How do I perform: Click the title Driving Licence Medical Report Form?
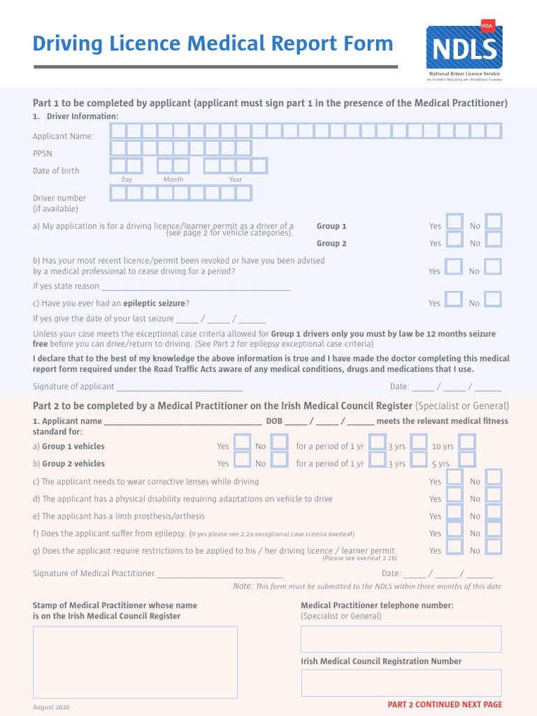213,44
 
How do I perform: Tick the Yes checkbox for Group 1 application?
454,222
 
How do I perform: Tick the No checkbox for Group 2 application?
494,240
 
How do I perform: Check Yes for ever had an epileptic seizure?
454,300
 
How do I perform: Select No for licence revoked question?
494,267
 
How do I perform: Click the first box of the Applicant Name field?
118,131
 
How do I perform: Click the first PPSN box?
118,148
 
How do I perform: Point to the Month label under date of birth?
173,180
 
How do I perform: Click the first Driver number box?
118,193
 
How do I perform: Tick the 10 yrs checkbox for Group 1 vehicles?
467,443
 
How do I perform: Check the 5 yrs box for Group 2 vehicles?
467,460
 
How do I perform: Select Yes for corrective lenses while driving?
454,478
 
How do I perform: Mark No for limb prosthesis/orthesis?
494,513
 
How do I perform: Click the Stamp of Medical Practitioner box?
135,662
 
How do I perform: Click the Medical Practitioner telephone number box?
401,639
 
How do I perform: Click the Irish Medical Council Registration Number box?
401,683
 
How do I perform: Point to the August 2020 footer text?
51,708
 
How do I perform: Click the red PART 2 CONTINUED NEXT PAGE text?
445,705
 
